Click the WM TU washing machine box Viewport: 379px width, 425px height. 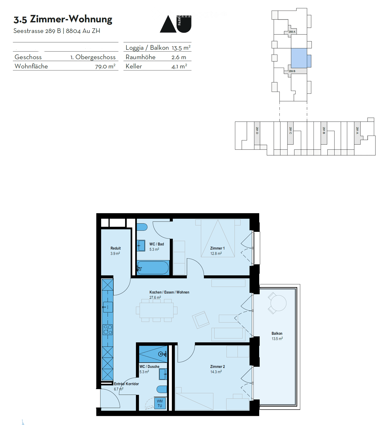point(160,403)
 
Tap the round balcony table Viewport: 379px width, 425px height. point(278,303)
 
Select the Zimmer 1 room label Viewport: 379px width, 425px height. point(217,248)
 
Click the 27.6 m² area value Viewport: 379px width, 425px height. point(155,297)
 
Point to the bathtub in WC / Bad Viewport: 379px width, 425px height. point(153,268)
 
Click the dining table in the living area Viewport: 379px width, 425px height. point(156,310)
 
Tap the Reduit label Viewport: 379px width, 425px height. point(115,248)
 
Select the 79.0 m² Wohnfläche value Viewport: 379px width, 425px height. point(105,67)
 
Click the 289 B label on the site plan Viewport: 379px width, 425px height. point(292,71)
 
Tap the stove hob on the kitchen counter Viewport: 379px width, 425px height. point(108,330)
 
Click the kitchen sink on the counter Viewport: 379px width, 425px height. point(108,307)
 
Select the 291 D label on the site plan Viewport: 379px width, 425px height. point(257,131)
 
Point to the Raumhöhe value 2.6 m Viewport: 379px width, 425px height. point(179,57)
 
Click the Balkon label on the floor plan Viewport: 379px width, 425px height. point(277,333)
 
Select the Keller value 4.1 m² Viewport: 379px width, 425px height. point(179,67)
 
